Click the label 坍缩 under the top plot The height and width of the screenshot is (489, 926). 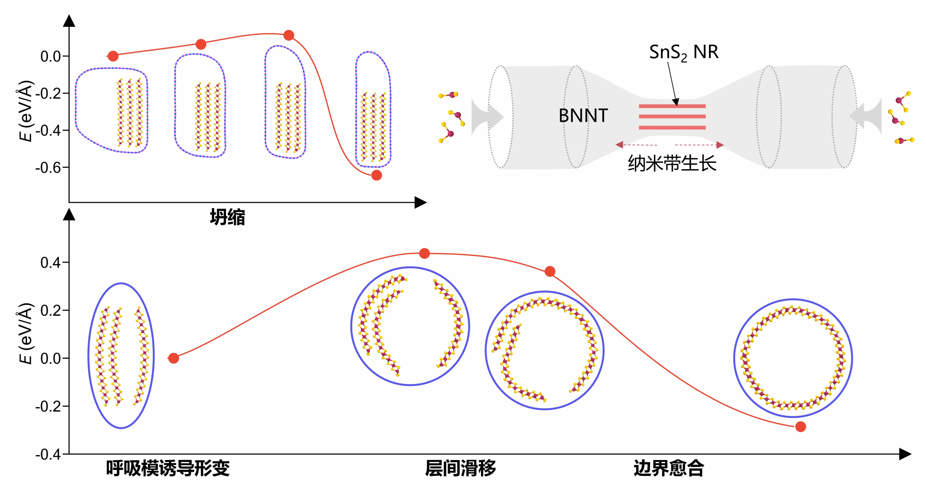[227, 218]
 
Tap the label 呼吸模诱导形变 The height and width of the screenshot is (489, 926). [168, 468]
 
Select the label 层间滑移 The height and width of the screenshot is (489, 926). [460, 468]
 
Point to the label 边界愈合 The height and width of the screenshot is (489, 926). [669, 468]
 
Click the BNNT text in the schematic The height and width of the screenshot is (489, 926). [583, 116]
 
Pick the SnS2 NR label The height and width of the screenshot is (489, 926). [684, 52]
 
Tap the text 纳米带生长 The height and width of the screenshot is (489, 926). [672, 163]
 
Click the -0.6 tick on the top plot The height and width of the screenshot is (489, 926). [48, 168]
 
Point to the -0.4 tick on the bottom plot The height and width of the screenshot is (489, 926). [48, 454]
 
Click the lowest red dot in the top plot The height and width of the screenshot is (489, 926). [377, 175]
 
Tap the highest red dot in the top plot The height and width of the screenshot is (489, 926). [289, 35]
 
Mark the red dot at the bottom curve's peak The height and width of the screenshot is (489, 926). [424, 253]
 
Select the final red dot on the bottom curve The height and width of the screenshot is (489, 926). [800, 427]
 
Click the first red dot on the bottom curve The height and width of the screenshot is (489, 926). [174, 358]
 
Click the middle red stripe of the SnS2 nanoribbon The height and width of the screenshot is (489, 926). [672, 117]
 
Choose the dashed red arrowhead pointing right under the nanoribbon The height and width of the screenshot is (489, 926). [720, 145]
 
